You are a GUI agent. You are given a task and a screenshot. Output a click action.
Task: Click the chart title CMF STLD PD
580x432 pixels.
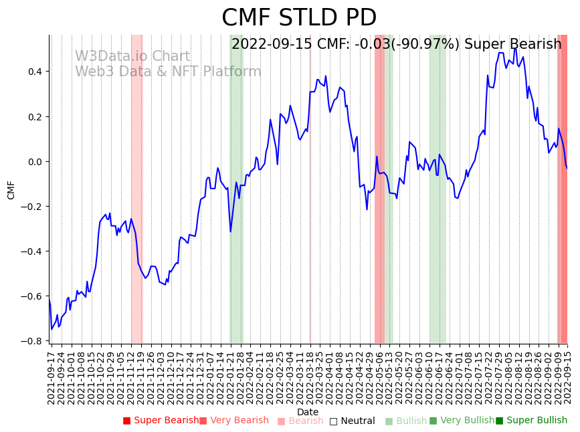pos(299,18)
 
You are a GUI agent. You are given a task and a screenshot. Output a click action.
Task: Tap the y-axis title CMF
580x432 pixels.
pos(11,190)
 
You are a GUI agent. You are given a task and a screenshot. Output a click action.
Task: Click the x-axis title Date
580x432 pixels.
pos(308,412)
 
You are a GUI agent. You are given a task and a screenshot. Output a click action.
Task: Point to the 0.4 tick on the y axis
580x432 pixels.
pos(34,72)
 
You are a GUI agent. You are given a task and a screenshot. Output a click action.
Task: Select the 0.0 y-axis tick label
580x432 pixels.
pos(34,161)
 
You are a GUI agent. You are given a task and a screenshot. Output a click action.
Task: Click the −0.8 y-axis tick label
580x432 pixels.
pos(32,341)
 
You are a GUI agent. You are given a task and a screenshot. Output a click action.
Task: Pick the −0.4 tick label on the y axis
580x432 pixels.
pos(32,251)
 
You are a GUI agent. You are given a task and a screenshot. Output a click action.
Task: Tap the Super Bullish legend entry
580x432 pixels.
pos(532,421)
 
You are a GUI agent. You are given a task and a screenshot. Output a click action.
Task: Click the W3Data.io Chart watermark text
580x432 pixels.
pos(132,57)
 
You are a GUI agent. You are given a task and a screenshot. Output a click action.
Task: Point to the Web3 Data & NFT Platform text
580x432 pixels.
pos(168,72)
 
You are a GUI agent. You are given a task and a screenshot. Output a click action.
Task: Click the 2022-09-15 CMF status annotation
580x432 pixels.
pos(396,45)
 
